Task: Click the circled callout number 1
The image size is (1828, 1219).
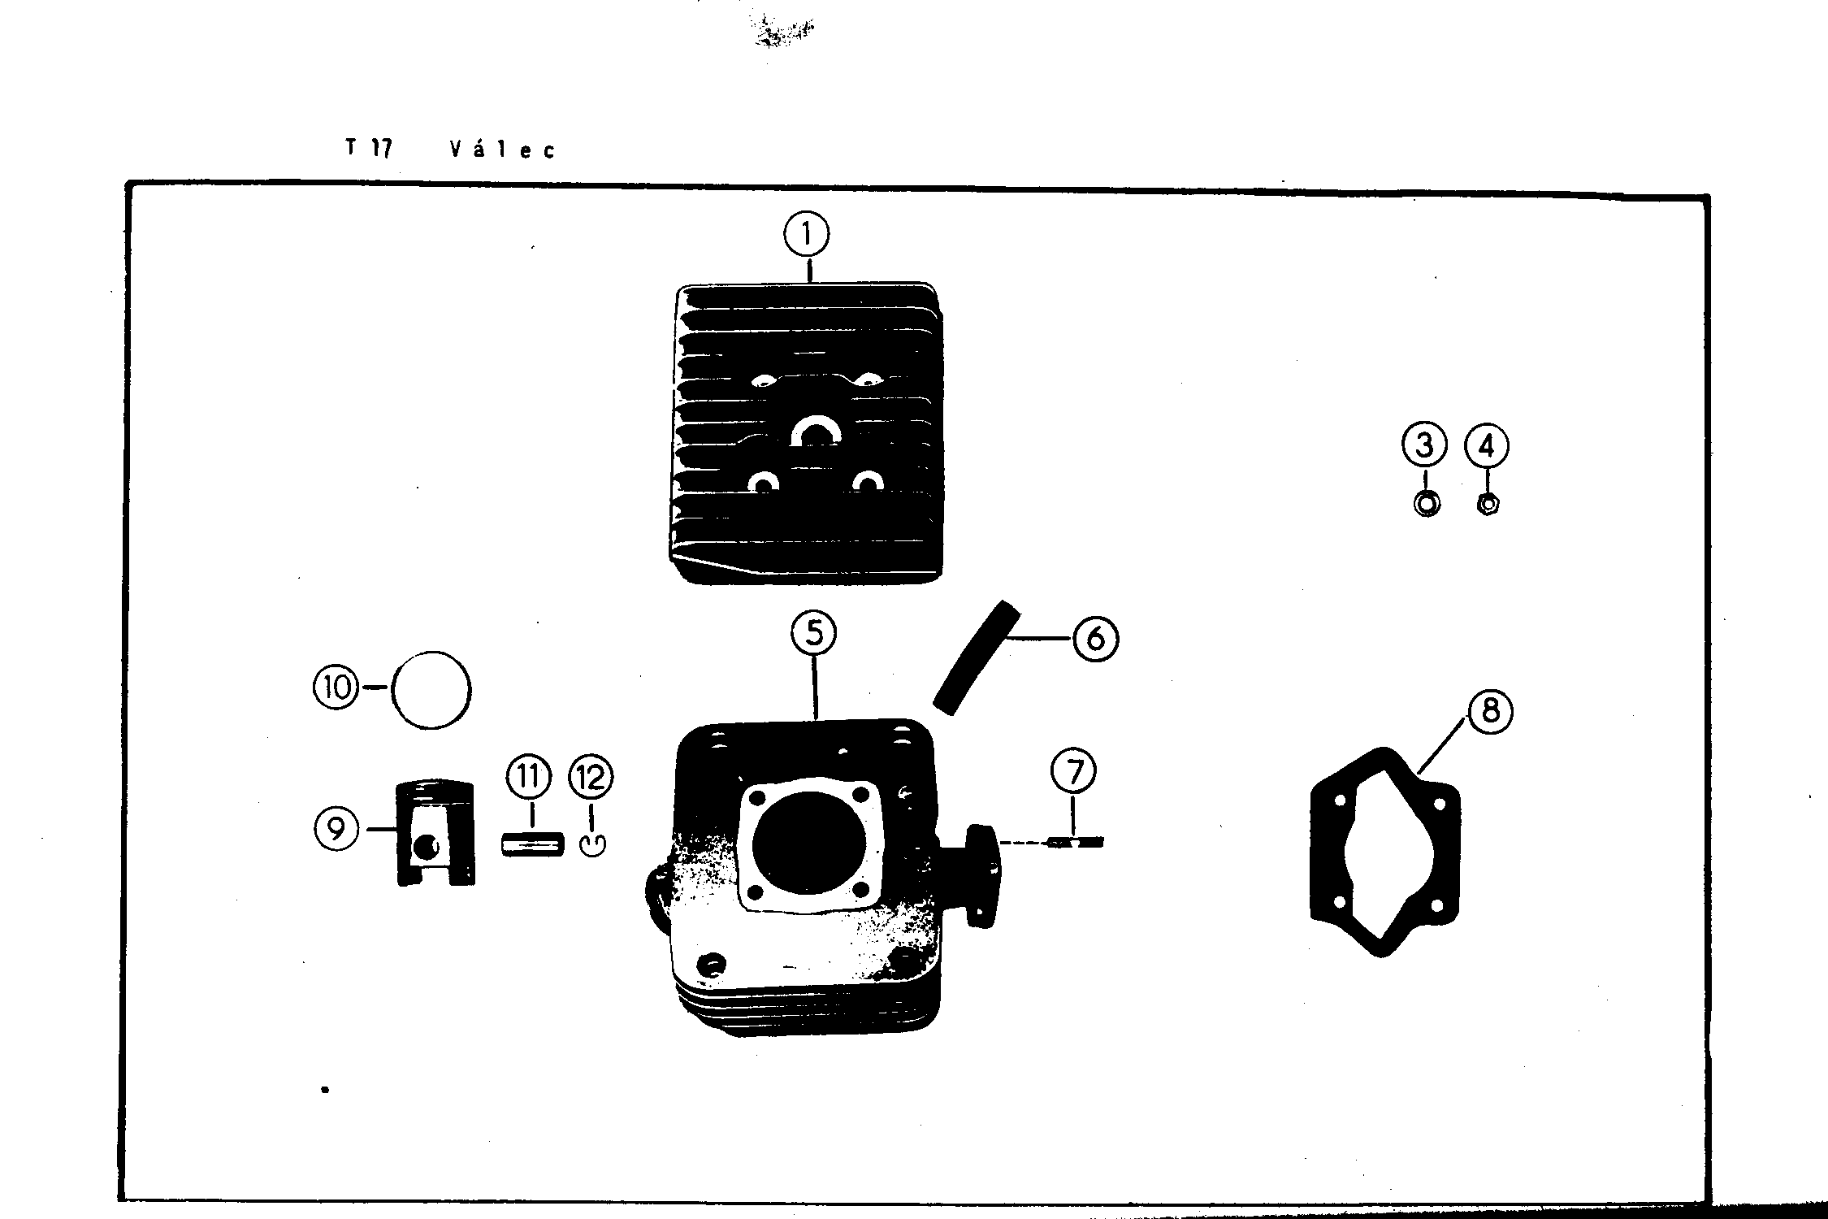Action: click(806, 235)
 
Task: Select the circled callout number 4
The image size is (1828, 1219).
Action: click(1487, 446)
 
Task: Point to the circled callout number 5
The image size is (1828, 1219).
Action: click(814, 635)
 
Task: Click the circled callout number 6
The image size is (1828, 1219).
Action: click(1095, 639)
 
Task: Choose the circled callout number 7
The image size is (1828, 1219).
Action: click(1074, 771)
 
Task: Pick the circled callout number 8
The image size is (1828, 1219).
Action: click(1490, 712)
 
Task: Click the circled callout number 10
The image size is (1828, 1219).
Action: click(336, 688)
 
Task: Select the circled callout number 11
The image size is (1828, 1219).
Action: click(528, 778)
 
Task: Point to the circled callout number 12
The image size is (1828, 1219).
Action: click(591, 778)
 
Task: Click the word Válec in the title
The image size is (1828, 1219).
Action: click(502, 150)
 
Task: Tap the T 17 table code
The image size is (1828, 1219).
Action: click(369, 149)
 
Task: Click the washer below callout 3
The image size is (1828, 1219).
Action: click(1427, 504)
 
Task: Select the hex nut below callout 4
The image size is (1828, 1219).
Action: click(1487, 505)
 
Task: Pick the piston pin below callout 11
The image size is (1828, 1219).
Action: click(531, 842)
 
